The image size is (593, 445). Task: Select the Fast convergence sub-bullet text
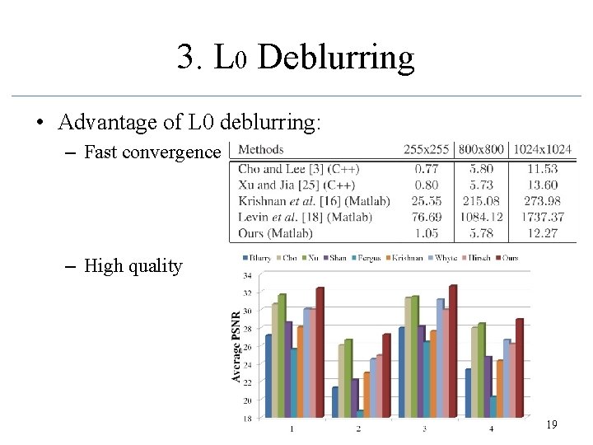(152, 152)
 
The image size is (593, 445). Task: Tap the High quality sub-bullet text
(133, 266)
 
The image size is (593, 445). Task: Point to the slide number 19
(551, 424)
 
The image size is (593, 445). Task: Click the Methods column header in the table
(261, 150)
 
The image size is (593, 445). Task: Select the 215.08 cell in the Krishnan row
(481, 201)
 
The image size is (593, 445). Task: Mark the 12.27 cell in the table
(540, 232)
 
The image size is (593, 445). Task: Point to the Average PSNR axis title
(236, 346)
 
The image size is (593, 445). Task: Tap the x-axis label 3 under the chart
(424, 429)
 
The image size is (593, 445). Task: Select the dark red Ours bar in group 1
(320, 354)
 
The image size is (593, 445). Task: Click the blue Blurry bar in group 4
(468, 394)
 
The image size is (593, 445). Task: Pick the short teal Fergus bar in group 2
(360, 415)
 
